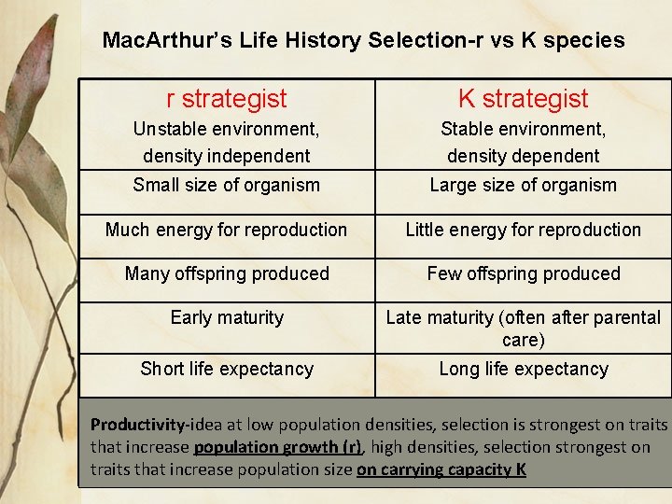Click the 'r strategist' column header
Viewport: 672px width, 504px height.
[x=226, y=98]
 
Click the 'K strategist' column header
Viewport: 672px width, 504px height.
[x=523, y=98]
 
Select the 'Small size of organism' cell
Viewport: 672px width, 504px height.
[x=226, y=185]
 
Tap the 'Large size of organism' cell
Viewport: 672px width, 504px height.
[x=523, y=185]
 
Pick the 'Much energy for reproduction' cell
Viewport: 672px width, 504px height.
[x=226, y=230]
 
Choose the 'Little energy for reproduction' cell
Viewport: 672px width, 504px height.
[x=523, y=230]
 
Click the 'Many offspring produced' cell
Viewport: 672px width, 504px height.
[x=226, y=273]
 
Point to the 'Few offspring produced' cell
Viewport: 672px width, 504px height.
[x=523, y=273]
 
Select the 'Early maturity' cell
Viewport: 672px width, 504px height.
[x=226, y=317]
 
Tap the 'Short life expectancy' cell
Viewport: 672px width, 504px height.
[x=226, y=369]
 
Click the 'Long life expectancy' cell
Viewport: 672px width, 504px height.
[x=523, y=369]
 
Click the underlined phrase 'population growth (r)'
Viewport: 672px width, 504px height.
[x=277, y=447]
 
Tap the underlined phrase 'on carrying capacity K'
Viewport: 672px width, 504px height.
[x=441, y=469]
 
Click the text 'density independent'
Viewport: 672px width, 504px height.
[x=226, y=156]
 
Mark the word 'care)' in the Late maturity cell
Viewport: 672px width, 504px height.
[x=523, y=341]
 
